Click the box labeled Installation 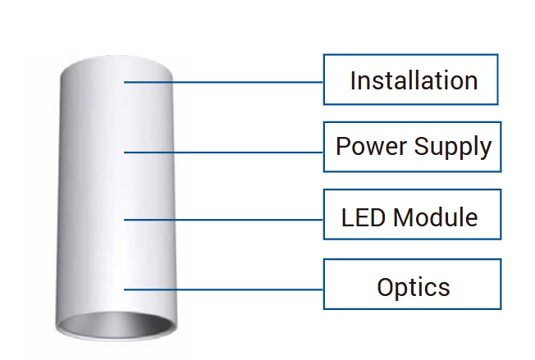[410, 80]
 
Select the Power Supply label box [412, 147]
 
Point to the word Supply [452, 148]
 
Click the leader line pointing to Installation [238, 81]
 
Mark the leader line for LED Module [238, 219]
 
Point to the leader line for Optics [238, 289]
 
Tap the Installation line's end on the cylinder [126, 81]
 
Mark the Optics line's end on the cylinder [126, 289]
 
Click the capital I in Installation [353, 80]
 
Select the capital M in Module [404, 217]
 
